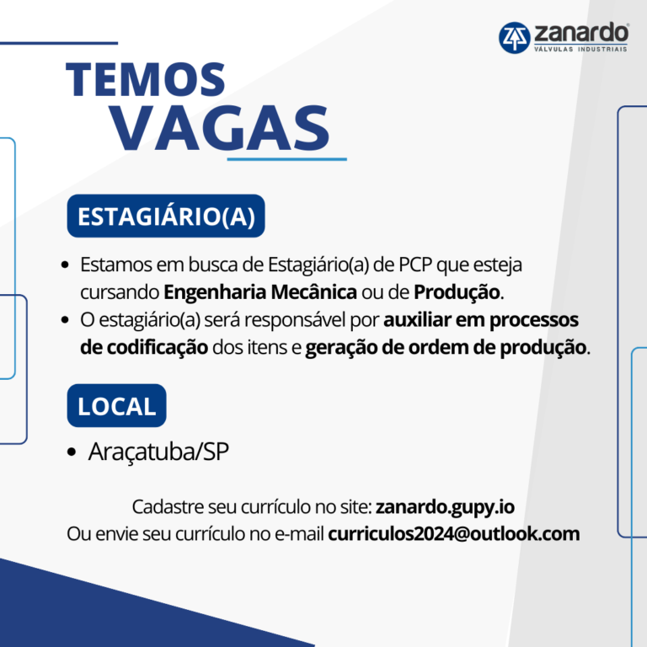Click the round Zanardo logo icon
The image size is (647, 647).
tap(514, 38)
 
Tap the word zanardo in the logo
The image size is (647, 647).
tap(581, 33)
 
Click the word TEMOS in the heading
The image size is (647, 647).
tap(145, 80)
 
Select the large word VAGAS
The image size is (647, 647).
tap(220, 127)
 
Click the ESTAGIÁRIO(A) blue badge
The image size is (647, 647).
tap(166, 216)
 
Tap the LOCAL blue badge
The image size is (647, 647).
tap(117, 405)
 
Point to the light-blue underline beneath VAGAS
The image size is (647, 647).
tap(286, 159)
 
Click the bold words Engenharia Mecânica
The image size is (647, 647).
tap(260, 292)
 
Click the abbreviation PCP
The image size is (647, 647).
tap(415, 265)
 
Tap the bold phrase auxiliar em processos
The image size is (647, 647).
tap(481, 320)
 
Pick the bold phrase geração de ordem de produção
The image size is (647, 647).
tap(446, 348)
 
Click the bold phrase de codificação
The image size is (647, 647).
tap(144, 348)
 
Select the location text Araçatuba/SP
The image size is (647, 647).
tap(158, 452)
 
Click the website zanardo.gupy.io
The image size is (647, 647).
tap(445, 507)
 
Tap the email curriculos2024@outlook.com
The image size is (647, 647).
tap(454, 533)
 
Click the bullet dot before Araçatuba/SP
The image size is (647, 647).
tap(72, 452)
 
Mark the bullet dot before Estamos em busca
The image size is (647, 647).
tap(65, 265)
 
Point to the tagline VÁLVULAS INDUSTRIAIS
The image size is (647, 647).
tap(580, 49)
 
